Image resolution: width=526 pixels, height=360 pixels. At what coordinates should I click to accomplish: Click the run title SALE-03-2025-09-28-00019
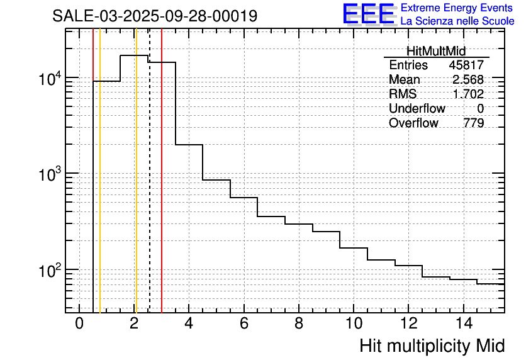[x=155, y=16]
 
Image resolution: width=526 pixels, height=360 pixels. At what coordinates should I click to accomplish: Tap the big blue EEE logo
[x=369, y=14]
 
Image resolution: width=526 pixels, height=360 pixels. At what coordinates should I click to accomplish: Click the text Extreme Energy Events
[x=457, y=8]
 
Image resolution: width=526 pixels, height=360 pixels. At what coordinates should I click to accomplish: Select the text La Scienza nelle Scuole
[x=457, y=21]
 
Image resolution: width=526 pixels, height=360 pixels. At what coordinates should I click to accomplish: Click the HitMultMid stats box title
[x=436, y=52]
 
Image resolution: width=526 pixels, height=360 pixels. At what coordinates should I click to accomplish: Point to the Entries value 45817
[x=466, y=65]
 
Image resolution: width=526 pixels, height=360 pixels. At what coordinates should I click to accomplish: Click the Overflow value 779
[x=473, y=123]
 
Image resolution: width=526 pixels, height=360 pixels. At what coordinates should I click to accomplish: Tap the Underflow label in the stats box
[x=417, y=109]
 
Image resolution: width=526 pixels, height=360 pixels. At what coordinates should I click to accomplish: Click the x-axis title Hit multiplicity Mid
[x=432, y=346]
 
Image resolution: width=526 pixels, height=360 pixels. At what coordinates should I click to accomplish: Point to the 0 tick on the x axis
[x=79, y=323]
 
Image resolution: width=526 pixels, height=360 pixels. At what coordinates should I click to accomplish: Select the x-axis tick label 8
[x=299, y=323]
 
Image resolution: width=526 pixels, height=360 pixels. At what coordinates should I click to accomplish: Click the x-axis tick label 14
[x=463, y=323]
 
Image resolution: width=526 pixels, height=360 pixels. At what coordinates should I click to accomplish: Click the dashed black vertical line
[x=150, y=189]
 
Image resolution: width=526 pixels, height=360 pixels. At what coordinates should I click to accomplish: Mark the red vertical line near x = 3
[x=162, y=189]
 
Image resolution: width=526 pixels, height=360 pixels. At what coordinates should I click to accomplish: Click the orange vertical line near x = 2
[x=136, y=189]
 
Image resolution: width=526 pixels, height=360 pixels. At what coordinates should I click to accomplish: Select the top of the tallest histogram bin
[x=134, y=55]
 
